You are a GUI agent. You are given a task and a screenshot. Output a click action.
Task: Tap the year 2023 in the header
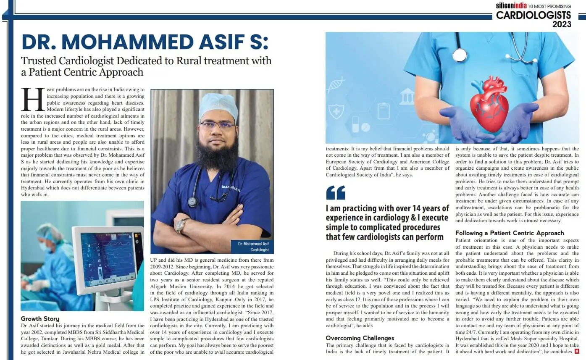[562, 24]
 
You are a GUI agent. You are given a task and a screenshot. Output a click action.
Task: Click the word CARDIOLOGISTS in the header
[533, 16]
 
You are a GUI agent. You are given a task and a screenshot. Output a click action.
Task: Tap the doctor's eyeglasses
[217, 125]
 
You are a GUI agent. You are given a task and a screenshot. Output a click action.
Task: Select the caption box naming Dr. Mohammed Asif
[252, 247]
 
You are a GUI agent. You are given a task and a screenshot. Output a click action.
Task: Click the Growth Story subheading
[40, 319]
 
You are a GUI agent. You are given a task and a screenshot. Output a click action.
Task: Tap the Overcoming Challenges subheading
[360, 338]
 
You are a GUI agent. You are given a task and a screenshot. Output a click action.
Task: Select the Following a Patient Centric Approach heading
[510, 233]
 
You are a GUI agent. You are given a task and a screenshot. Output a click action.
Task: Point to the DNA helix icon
[336, 84]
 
